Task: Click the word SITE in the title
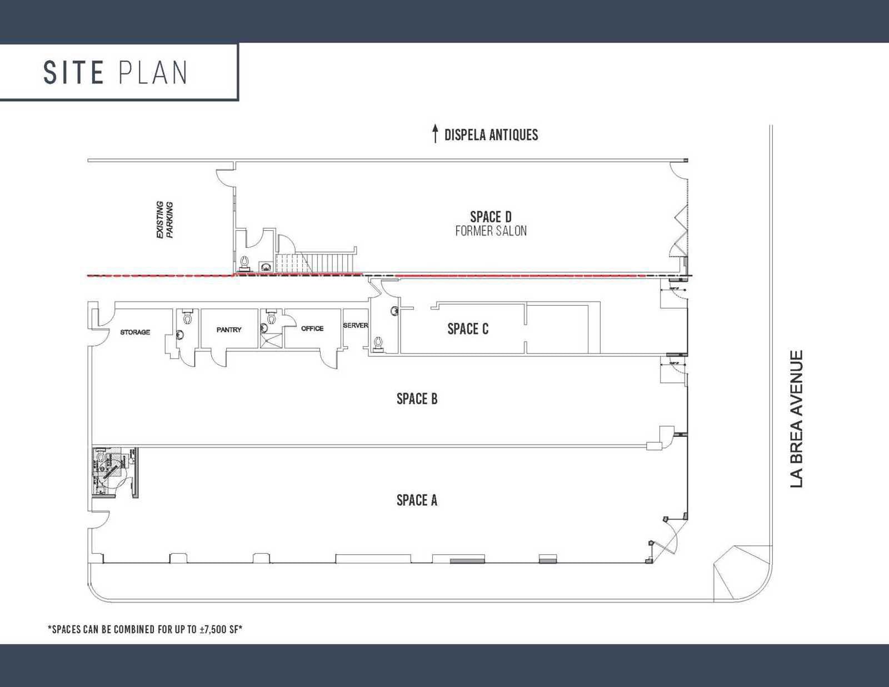click(73, 72)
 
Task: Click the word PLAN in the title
click(153, 72)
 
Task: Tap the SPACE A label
click(417, 500)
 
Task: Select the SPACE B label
click(417, 399)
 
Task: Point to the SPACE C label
click(468, 328)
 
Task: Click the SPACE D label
click(491, 216)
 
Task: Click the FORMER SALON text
click(491, 231)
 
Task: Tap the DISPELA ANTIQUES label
click(491, 135)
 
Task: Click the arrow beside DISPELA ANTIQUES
click(435, 133)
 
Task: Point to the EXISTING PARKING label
click(164, 220)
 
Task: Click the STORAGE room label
click(135, 332)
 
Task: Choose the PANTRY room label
click(229, 330)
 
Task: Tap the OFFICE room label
click(312, 328)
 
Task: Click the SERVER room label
click(355, 325)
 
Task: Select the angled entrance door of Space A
click(666, 539)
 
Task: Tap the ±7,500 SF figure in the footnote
click(219, 629)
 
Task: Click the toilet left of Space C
click(379, 343)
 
